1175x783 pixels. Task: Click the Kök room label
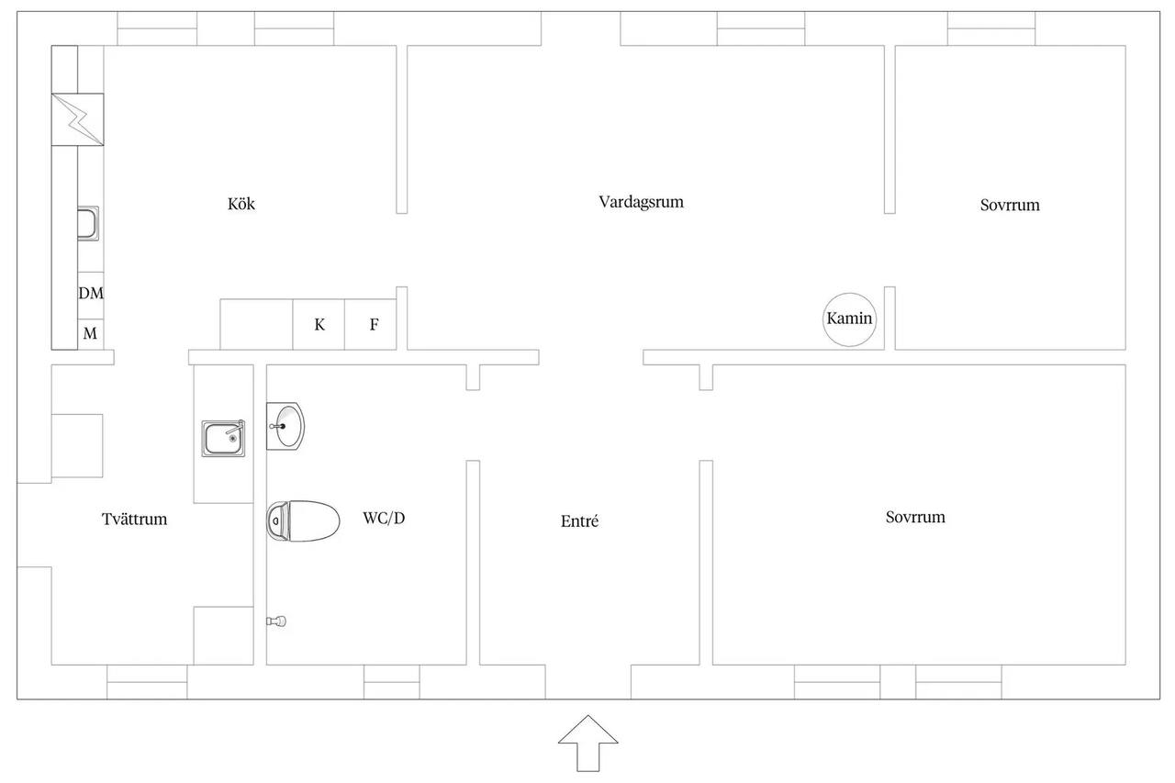tap(241, 204)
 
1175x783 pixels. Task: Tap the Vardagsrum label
tap(641, 202)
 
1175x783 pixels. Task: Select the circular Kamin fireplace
tap(849, 319)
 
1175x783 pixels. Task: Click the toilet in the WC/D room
tap(303, 520)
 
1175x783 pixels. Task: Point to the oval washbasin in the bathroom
tap(285, 426)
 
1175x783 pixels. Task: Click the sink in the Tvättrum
tap(223, 438)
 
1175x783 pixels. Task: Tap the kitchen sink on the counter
tap(88, 223)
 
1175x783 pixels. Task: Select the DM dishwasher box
tap(91, 296)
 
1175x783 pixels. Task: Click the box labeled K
tap(319, 324)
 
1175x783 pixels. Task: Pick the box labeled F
tap(370, 324)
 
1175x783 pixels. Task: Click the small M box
tap(91, 334)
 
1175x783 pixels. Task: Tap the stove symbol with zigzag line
tap(78, 119)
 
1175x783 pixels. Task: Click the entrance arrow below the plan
tap(588, 744)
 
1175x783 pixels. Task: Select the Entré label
tap(579, 520)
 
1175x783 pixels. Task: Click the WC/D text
tap(384, 518)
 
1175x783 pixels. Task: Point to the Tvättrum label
tap(134, 520)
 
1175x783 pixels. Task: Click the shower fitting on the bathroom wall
tap(276, 621)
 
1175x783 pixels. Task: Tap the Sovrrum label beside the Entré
tap(915, 517)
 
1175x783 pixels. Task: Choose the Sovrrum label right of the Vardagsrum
tap(1010, 205)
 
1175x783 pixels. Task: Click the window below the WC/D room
tap(392, 682)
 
